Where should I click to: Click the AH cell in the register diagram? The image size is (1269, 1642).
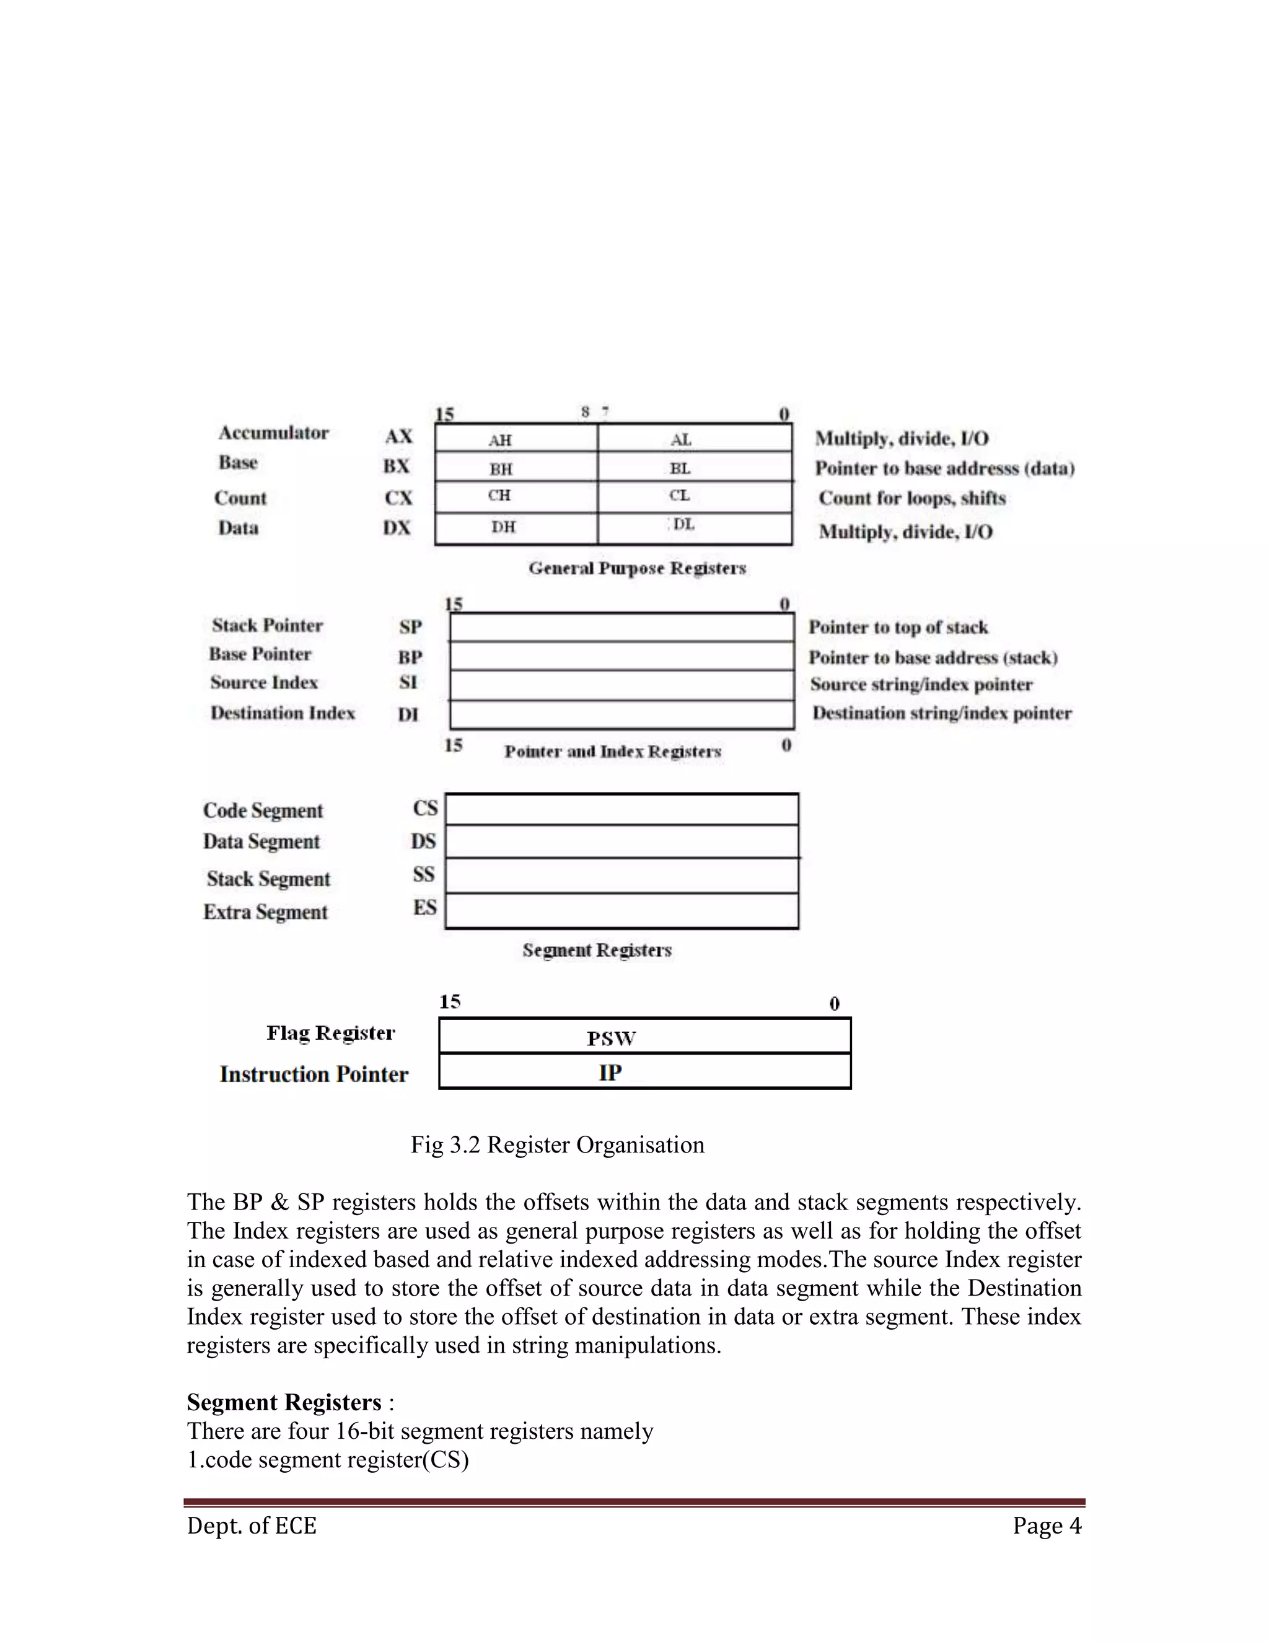(x=516, y=438)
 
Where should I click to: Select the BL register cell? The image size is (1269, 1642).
(x=695, y=468)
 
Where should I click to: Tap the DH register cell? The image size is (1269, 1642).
(x=516, y=528)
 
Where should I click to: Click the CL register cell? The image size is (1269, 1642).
(x=695, y=496)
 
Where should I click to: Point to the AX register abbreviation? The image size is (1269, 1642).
(x=398, y=436)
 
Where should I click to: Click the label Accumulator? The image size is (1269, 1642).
(x=274, y=433)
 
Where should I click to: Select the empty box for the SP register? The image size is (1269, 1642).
(x=621, y=627)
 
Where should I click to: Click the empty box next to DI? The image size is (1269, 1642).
(x=621, y=714)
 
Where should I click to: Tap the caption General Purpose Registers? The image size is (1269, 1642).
(x=637, y=568)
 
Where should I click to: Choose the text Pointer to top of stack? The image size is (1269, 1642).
(x=898, y=627)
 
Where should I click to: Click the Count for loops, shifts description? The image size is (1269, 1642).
(x=912, y=498)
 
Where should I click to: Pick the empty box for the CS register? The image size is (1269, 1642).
(x=621, y=810)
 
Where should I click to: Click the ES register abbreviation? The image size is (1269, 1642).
(x=424, y=908)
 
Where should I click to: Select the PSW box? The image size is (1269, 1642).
(x=644, y=1037)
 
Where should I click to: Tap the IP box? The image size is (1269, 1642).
(x=644, y=1072)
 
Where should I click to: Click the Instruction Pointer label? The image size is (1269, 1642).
(x=314, y=1074)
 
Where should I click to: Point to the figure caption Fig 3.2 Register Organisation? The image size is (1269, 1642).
(x=557, y=1145)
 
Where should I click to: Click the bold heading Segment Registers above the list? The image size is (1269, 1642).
(x=284, y=1403)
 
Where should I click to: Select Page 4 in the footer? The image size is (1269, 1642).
(x=1046, y=1526)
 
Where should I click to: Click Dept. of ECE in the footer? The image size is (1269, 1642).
(x=252, y=1526)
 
